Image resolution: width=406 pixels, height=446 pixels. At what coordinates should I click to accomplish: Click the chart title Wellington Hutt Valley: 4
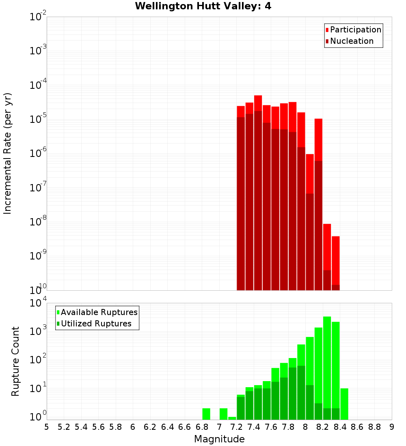(203, 6)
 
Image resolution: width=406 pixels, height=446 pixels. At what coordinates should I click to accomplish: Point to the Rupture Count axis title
(15, 361)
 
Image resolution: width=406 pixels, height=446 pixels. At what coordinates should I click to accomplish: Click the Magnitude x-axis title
(219, 439)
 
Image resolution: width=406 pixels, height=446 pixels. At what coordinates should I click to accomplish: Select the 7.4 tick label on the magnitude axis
(254, 427)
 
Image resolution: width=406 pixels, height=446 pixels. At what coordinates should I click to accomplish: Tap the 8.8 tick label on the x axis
(374, 427)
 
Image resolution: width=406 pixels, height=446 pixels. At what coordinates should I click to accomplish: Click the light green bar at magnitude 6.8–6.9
(206, 414)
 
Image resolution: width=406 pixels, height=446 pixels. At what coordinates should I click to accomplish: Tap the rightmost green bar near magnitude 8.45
(344, 403)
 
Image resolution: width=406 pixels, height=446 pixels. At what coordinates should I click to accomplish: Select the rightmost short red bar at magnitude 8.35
(335, 259)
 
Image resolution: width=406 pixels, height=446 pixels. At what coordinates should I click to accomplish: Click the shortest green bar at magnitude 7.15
(232, 418)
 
